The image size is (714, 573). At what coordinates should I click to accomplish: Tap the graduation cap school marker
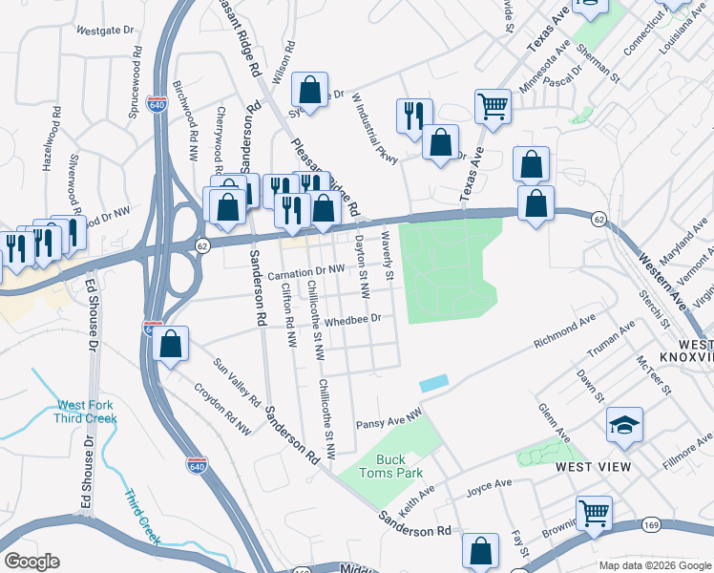(624, 426)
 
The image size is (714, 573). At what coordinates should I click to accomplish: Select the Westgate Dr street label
(104, 31)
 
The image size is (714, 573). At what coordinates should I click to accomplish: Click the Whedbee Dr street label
(353, 320)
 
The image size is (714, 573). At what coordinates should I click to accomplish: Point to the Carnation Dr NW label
(305, 272)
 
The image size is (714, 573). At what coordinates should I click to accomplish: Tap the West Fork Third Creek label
(86, 411)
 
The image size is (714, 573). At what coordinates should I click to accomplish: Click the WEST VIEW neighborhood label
(594, 466)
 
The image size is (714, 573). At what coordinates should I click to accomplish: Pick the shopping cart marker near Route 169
(594, 513)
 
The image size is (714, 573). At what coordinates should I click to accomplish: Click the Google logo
(31, 562)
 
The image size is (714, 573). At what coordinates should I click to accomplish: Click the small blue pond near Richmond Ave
(433, 382)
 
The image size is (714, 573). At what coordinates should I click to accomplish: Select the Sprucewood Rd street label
(136, 92)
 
